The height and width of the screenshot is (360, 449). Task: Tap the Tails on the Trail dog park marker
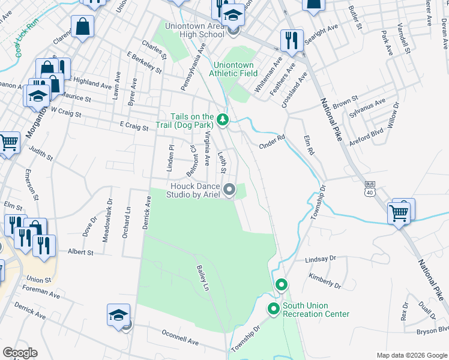(223, 120)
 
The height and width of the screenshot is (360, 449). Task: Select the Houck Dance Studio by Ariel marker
(229, 190)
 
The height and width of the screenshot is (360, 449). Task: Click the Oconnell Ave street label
(180, 337)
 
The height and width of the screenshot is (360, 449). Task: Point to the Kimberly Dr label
(325, 279)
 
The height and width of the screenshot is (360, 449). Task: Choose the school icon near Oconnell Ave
(118, 314)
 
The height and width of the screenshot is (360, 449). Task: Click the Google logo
(20, 353)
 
